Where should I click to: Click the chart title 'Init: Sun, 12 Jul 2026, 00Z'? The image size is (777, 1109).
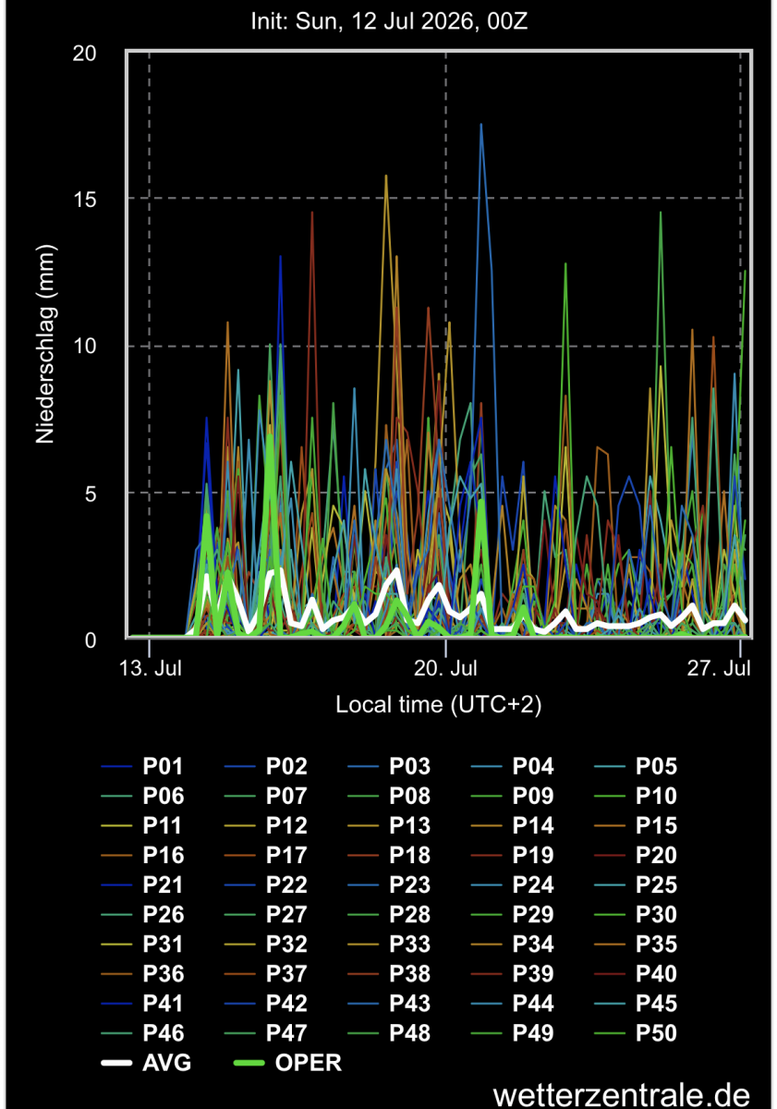[389, 21]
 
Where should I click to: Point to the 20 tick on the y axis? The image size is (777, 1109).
[84, 54]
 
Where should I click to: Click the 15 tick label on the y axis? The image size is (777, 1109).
[84, 200]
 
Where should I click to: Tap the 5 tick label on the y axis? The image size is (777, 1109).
[90, 494]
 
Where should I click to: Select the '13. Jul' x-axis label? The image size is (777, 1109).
[151, 668]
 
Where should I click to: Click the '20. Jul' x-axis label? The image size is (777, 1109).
[445, 668]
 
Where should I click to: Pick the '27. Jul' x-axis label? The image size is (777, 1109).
[719, 668]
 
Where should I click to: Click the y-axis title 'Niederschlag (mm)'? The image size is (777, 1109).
[44, 344]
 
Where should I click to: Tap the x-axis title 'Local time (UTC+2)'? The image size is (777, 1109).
[439, 704]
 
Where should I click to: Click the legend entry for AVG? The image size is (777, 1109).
[146, 1063]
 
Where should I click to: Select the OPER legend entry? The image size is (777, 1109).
[287, 1063]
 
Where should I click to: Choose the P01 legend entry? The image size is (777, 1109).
[142, 766]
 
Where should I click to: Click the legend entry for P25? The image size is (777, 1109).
[636, 884]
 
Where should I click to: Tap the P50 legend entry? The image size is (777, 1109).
[636, 1033]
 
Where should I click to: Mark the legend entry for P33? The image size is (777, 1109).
[389, 944]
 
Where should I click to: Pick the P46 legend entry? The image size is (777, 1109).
[142, 1033]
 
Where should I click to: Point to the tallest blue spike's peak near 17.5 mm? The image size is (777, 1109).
[480, 124]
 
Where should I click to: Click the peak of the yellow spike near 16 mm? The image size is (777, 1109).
[386, 176]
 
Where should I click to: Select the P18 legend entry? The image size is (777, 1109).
[389, 855]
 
